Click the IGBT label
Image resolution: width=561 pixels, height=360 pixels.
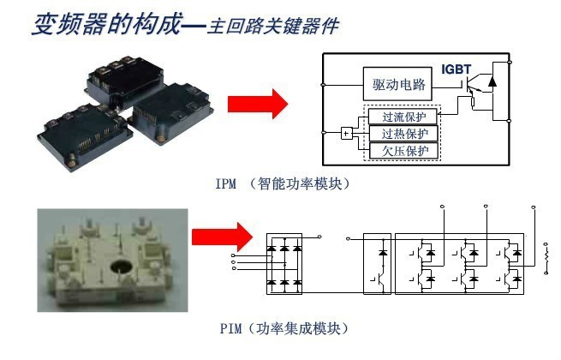click(457, 68)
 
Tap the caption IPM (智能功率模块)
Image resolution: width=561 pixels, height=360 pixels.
click(283, 183)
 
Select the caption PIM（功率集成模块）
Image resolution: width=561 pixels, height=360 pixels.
click(283, 328)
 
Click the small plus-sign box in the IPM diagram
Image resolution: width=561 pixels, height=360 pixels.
click(346, 133)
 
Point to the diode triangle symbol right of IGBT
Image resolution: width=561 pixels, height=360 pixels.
click(492, 82)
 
